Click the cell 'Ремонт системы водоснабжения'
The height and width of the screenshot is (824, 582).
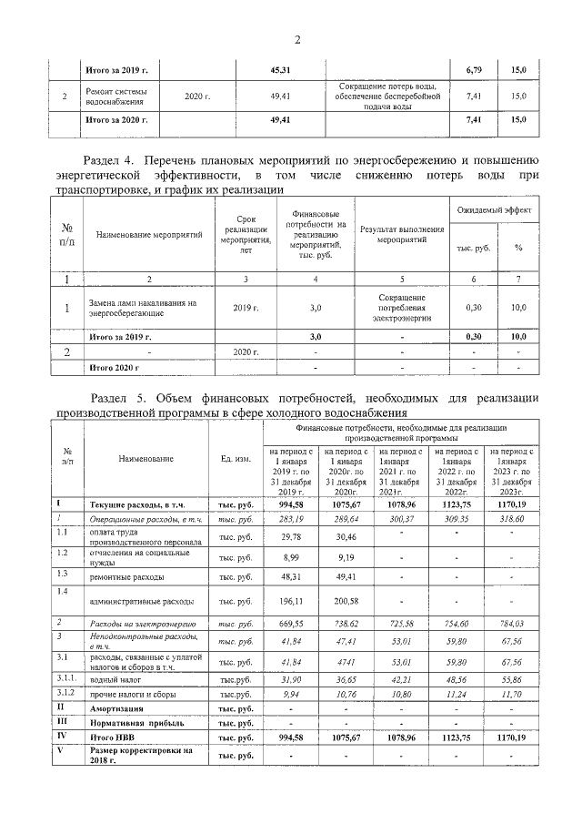[x=117, y=96]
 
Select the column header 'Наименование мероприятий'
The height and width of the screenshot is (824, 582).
[x=148, y=235]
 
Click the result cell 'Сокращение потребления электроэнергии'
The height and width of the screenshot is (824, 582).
[x=401, y=308]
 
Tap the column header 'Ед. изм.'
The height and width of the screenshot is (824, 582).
[x=236, y=460]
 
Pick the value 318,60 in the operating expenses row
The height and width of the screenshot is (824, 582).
[x=513, y=519]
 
